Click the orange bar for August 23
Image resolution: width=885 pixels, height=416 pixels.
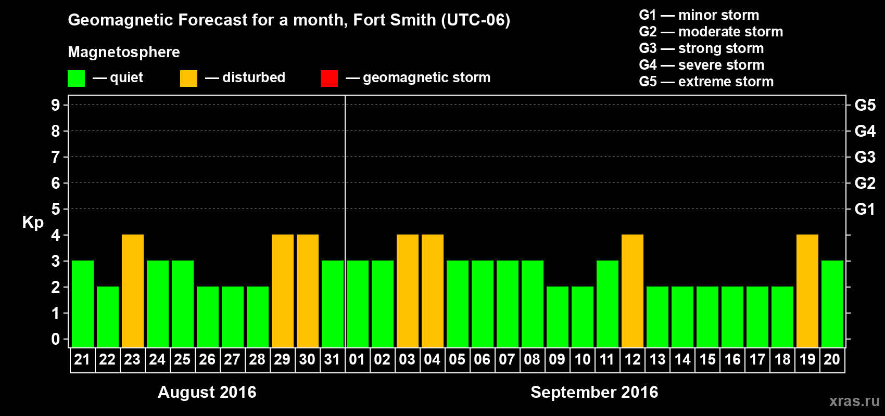tap(133, 291)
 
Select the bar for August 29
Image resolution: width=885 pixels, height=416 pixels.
tap(283, 291)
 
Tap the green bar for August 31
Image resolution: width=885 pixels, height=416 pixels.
tap(333, 304)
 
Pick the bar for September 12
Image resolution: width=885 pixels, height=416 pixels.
tap(633, 291)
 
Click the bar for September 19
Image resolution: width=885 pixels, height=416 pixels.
tap(807, 291)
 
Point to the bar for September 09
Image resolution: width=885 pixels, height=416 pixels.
tap(558, 317)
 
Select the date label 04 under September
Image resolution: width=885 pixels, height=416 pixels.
tap(432, 359)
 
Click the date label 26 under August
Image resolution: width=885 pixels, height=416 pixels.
tap(207, 359)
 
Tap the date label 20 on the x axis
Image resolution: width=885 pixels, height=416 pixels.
tap(832, 359)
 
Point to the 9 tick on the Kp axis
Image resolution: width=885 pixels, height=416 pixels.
tap(56, 105)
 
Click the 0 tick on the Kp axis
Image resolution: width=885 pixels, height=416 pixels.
tap(56, 339)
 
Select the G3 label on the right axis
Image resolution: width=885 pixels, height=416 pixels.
tap(865, 157)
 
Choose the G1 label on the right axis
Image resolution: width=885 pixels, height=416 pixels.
tap(865, 209)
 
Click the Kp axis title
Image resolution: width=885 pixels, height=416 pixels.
tap(33, 223)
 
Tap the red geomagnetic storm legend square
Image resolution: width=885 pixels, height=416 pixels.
tap(329, 79)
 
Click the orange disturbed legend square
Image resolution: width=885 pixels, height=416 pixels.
tap(188, 79)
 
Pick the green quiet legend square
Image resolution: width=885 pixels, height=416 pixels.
tap(76, 79)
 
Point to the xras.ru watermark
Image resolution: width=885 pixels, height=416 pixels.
tap(854, 401)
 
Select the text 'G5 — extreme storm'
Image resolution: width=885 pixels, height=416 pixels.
tap(706, 82)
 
